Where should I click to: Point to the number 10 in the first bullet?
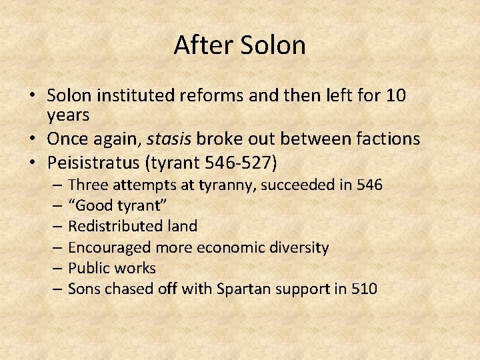pyautogui.click(x=395, y=96)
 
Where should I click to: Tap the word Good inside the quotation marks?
pyautogui.click(x=97, y=205)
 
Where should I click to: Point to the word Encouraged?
pyautogui.click(x=109, y=247)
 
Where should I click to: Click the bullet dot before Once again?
pyautogui.click(x=32, y=139)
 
